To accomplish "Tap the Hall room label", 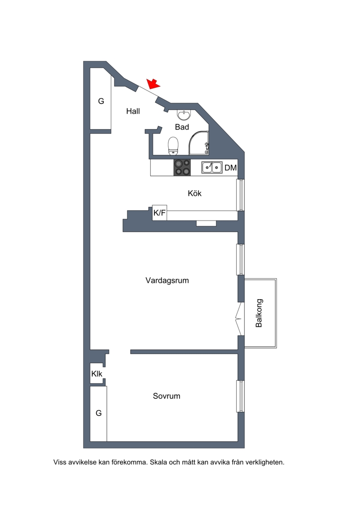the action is click(133, 111).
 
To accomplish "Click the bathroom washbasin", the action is click(184, 115).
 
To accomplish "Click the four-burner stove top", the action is click(182, 167).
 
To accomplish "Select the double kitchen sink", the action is click(211, 167).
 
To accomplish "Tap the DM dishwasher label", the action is click(231, 168).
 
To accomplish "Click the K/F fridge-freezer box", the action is click(160, 213).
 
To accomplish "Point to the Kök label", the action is click(195, 194).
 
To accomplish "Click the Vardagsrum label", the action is click(167, 280).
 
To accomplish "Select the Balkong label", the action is click(259, 313).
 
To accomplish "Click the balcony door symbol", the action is click(240, 319).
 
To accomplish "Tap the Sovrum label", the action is click(166, 396).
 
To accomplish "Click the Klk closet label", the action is click(97, 374).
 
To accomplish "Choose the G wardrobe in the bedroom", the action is click(99, 414).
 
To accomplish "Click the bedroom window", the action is click(240, 396).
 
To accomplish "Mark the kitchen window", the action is click(240, 195).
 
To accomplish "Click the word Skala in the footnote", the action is click(158, 462).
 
